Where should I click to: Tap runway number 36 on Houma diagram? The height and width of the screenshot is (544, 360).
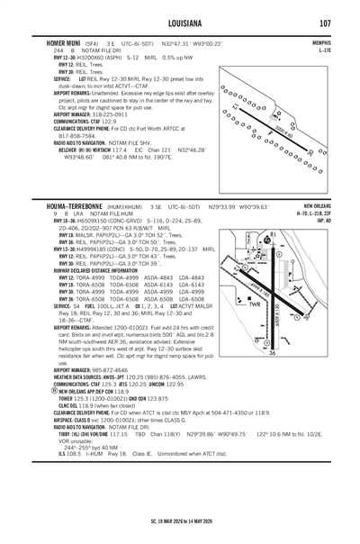pyautogui.click(x=298, y=353)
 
